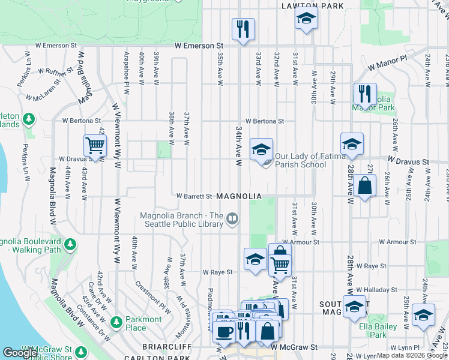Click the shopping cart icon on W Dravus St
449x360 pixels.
(x=95, y=145)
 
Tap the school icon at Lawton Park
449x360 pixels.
(x=306, y=20)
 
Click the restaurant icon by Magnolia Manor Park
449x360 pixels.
(x=364, y=94)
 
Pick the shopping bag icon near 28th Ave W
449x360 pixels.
(x=364, y=186)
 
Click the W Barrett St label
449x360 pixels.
(x=194, y=196)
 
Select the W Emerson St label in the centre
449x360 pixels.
(x=199, y=46)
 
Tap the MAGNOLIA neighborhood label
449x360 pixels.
(x=239, y=196)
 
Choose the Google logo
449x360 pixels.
(x=20, y=353)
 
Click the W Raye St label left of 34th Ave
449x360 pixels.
(x=217, y=272)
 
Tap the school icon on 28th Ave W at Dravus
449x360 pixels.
(x=352, y=144)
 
